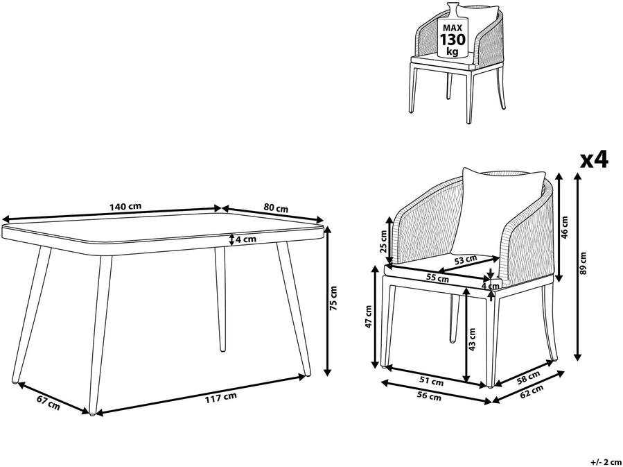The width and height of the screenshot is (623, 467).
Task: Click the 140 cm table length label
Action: point(125,207)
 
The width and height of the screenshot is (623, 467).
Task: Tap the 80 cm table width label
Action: point(276,208)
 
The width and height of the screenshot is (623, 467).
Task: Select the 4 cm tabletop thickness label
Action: point(245,239)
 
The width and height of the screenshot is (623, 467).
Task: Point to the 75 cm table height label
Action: point(334,298)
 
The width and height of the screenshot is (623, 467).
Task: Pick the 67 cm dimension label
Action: point(49,402)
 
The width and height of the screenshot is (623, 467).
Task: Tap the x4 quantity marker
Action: point(595,160)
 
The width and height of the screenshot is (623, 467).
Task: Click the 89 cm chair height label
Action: point(583,263)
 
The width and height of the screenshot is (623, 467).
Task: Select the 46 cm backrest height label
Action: point(565,227)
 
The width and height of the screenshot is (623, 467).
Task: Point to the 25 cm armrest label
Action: point(383,242)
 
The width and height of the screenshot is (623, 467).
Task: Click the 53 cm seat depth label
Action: point(465,260)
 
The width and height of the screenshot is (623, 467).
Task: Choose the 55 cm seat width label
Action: point(437,278)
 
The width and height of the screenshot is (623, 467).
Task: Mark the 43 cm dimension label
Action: point(472,339)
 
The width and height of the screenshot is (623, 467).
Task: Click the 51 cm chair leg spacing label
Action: point(432,381)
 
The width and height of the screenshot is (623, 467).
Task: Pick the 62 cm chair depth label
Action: point(531,391)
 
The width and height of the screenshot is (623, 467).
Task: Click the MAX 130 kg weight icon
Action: point(452,31)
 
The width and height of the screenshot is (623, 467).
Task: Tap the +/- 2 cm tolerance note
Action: point(606,462)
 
